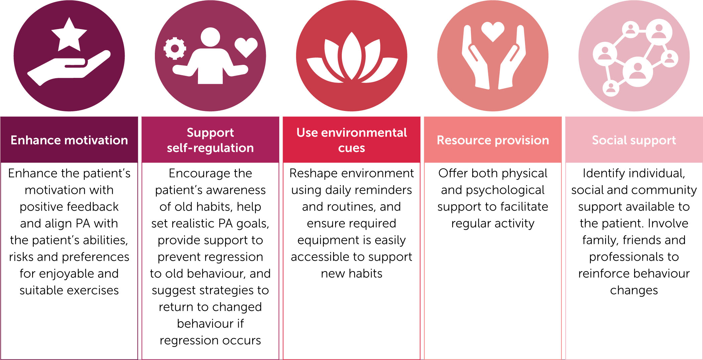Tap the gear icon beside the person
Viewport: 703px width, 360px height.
click(x=175, y=48)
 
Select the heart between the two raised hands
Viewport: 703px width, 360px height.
click(x=493, y=31)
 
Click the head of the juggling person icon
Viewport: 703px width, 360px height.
click(x=210, y=37)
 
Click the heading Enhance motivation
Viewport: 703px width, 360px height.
click(x=69, y=140)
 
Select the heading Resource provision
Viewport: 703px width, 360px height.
click(x=493, y=140)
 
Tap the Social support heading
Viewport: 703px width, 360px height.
click(x=634, y=140)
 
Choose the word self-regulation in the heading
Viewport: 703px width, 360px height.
click(x=210, y=148)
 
